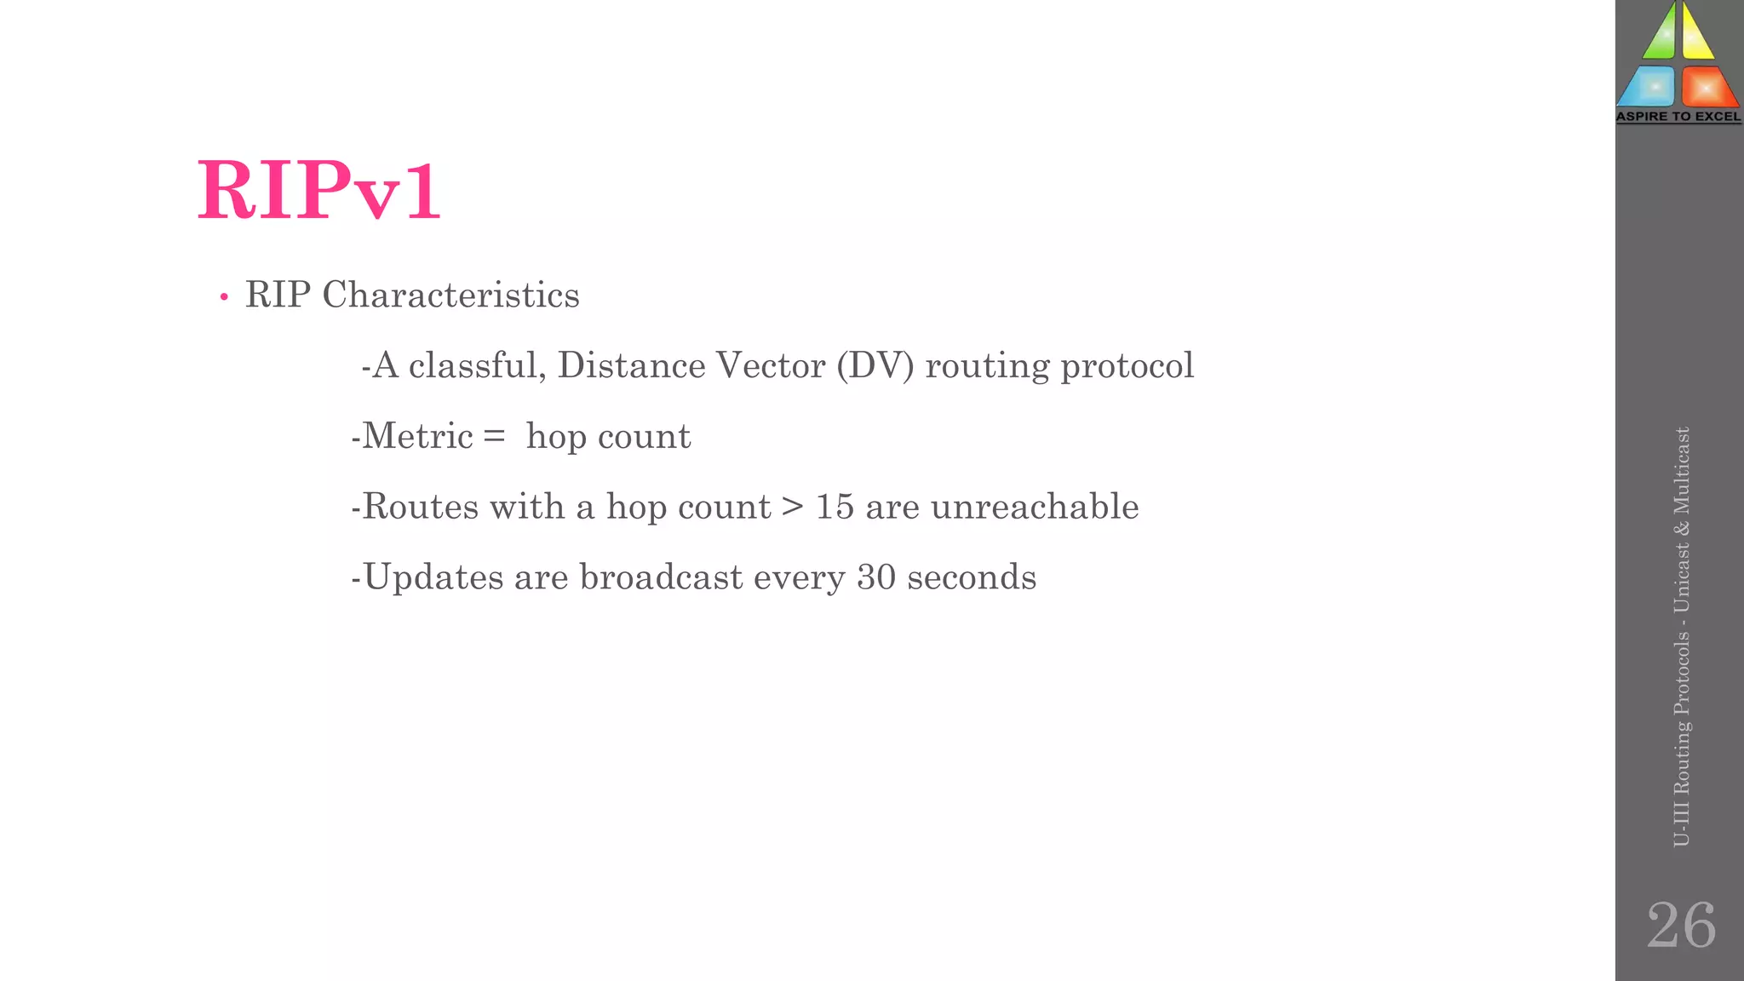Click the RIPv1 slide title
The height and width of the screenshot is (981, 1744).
pyautogui.click(x=319, y=191)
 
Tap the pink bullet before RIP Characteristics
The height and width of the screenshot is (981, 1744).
pyautogui.click(x=224, y=297)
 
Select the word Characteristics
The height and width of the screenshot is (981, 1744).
pyautogui.click(x=450, y=295)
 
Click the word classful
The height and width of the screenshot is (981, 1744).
pyautogui.click(x=477, y=365)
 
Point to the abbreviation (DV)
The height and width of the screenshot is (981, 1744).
pyautogui.click(x=875, y=366)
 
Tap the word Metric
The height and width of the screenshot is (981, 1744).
pyautogui.click(x=417, y=436)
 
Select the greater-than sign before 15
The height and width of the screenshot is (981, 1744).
pyautogui.click(x=793, y=507)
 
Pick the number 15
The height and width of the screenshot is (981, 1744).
pyautogui.click(x=835, y=507)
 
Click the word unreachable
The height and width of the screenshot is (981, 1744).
pyautogui.click(x=1035, y=507)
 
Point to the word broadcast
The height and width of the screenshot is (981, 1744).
pyautogui.click(x=661, y=577)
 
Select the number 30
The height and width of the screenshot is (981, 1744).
pyautogui.click(x=876, y=577)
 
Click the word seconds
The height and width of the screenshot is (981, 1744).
pyautogui.click(x=972, y=577)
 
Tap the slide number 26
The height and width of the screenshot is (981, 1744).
pyautogui.click(x=1681, y=925)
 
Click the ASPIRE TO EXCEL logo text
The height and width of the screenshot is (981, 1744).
pyautogui.click(x=1678, y=117)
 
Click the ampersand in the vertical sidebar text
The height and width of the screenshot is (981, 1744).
pyautogui.click(x=1681, y=529)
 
